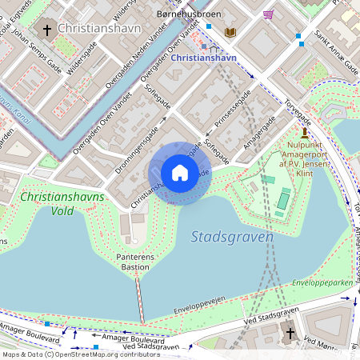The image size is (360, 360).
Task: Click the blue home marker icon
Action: click(x=180, y=173)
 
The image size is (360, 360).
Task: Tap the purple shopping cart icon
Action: click(x=269, y=14)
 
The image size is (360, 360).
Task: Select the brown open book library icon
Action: click(x=231, y=32)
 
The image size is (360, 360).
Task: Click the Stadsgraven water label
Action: click(x=233, y=237)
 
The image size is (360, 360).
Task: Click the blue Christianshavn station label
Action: click(x=204, y=58)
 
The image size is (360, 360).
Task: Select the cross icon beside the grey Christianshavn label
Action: click(x=47, y=30)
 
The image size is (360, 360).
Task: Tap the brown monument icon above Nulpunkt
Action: click(x=305, y=132)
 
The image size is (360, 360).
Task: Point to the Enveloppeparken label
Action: click(x=324, y=283)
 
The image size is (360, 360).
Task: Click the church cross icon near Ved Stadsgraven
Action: click(x=290, y=333)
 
